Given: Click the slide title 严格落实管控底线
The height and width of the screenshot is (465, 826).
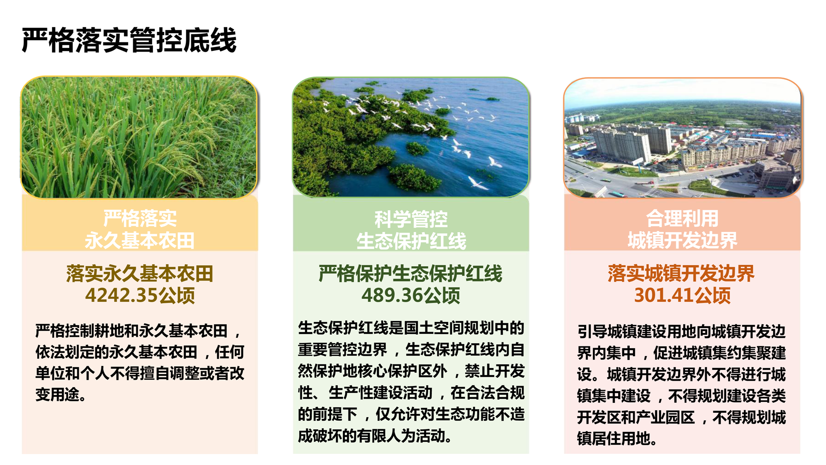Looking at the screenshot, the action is coord(129,40).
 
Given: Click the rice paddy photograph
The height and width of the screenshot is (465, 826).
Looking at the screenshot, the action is coord(139,137).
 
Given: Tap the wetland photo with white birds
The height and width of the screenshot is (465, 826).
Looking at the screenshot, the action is coord(411,137).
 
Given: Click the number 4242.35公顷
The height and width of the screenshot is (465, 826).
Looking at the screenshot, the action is coord(140,295).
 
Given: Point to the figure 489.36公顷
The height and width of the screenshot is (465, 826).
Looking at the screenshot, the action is coord(411,295).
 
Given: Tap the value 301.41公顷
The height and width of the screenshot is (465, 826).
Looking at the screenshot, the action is coord(682,295).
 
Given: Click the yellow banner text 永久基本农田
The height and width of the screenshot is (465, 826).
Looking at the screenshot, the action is coord(140,240).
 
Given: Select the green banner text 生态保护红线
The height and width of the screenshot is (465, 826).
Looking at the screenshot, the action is coord(411,241).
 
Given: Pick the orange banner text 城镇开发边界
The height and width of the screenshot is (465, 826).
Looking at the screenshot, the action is coord(682,240).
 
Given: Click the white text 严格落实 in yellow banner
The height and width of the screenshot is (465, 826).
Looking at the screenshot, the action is coord(140,218).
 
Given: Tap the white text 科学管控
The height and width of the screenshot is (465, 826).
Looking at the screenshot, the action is coord(411,219).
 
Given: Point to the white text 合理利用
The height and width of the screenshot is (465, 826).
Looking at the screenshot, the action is coord(682,218).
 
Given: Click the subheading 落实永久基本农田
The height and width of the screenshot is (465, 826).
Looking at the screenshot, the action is coord(140,274).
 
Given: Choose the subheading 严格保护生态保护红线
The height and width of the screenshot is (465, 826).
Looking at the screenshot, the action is coord(411,274).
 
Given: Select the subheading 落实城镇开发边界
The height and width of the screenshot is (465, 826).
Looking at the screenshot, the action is coord(681,274).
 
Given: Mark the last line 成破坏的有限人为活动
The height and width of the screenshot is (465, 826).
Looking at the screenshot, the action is coord(375,435).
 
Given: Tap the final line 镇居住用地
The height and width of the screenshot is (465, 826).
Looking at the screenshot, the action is coord(617,438).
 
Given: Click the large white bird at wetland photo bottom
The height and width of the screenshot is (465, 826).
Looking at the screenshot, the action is coord(478,183).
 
